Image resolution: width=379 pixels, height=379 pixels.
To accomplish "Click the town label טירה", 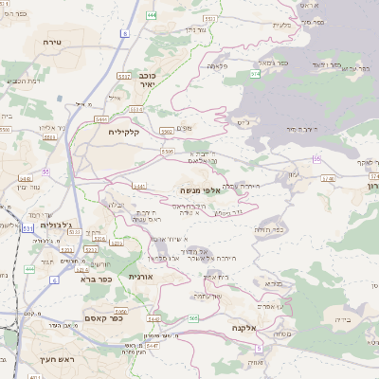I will tap(51, 44).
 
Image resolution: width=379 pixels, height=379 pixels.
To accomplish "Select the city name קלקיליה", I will tap(123, 132).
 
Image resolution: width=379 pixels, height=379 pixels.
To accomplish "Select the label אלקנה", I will tap(244, 328).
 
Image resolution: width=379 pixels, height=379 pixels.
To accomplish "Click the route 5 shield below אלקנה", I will tap(258, 349).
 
